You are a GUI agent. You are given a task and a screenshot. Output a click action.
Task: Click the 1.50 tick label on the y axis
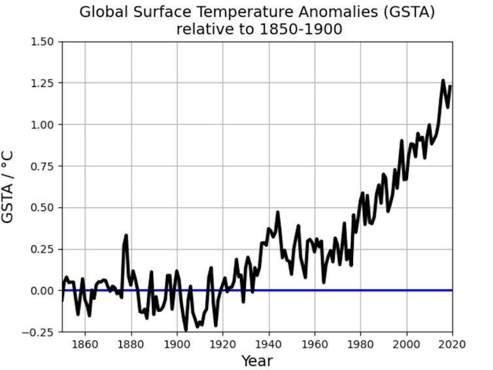tap(42, 42)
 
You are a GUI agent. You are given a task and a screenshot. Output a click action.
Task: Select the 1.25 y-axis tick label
tap(42, 83)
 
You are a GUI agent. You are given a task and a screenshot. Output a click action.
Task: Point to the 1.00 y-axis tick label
tap(42, 125)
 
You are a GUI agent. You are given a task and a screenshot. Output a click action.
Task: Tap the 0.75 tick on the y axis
tap(42, 166)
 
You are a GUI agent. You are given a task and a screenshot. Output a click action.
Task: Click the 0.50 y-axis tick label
tap(42, 208)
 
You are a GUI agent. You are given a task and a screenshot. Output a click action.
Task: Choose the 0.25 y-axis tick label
tap(42, 249)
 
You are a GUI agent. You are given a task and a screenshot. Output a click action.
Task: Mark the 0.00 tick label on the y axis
tap(42, 291)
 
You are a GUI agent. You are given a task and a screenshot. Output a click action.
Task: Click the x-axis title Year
tap(256, 361)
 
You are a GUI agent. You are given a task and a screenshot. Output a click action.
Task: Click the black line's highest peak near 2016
tap(443, 80)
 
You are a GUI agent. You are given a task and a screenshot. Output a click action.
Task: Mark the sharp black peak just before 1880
tap(126, 235)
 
